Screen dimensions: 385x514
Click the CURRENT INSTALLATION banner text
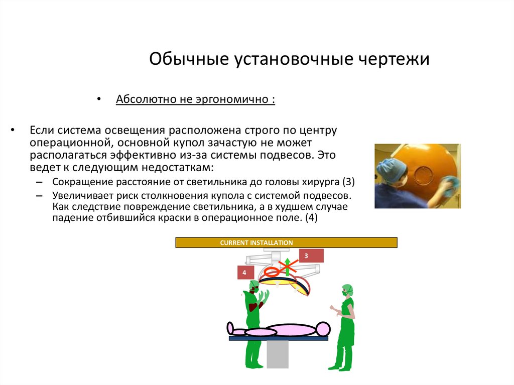[x=256, y=243]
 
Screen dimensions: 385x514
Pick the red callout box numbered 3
[x=311, y=256]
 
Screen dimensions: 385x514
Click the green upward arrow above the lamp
[x=287, y=266]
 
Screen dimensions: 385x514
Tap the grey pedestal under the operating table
[x=277, y=354]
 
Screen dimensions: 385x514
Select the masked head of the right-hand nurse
[x=347, y=291]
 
